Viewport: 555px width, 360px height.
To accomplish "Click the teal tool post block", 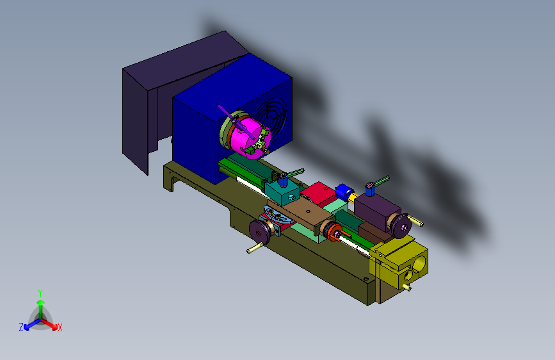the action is (282, 193).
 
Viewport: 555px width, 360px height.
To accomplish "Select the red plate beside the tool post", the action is (318, 193).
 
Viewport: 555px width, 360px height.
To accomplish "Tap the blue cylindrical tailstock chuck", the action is (342, 192).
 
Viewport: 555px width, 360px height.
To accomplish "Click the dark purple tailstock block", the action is (376, 212).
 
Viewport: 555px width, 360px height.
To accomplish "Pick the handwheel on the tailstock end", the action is (401, 225).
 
